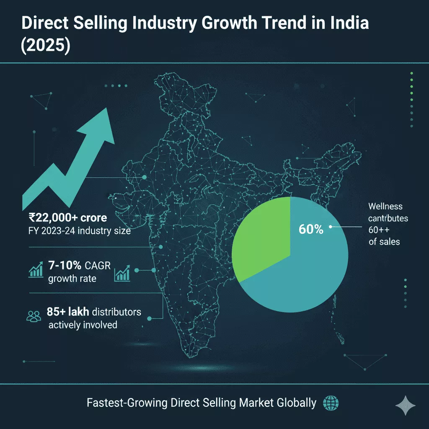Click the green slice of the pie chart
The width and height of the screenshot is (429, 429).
[x=260, y=239]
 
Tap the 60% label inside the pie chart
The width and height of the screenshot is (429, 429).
[x=310, y=229]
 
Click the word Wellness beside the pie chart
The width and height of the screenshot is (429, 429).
[x=385, y=206]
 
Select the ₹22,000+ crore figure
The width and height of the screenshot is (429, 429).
[x=67, y=217]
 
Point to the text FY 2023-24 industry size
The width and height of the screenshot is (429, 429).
[x=80, y=231]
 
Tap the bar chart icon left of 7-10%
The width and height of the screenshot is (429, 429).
[x=37, y=271]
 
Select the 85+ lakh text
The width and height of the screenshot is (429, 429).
[x=69, y=312]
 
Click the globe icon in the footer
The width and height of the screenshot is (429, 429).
[x=331, y=403]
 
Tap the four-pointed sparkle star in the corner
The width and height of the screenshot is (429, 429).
[x=405, y=406]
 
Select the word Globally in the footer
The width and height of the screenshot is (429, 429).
[x=296, y=403]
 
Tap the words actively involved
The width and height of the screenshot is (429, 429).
[x=83, y=325]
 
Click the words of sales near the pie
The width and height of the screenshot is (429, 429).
[x=384, y=242]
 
